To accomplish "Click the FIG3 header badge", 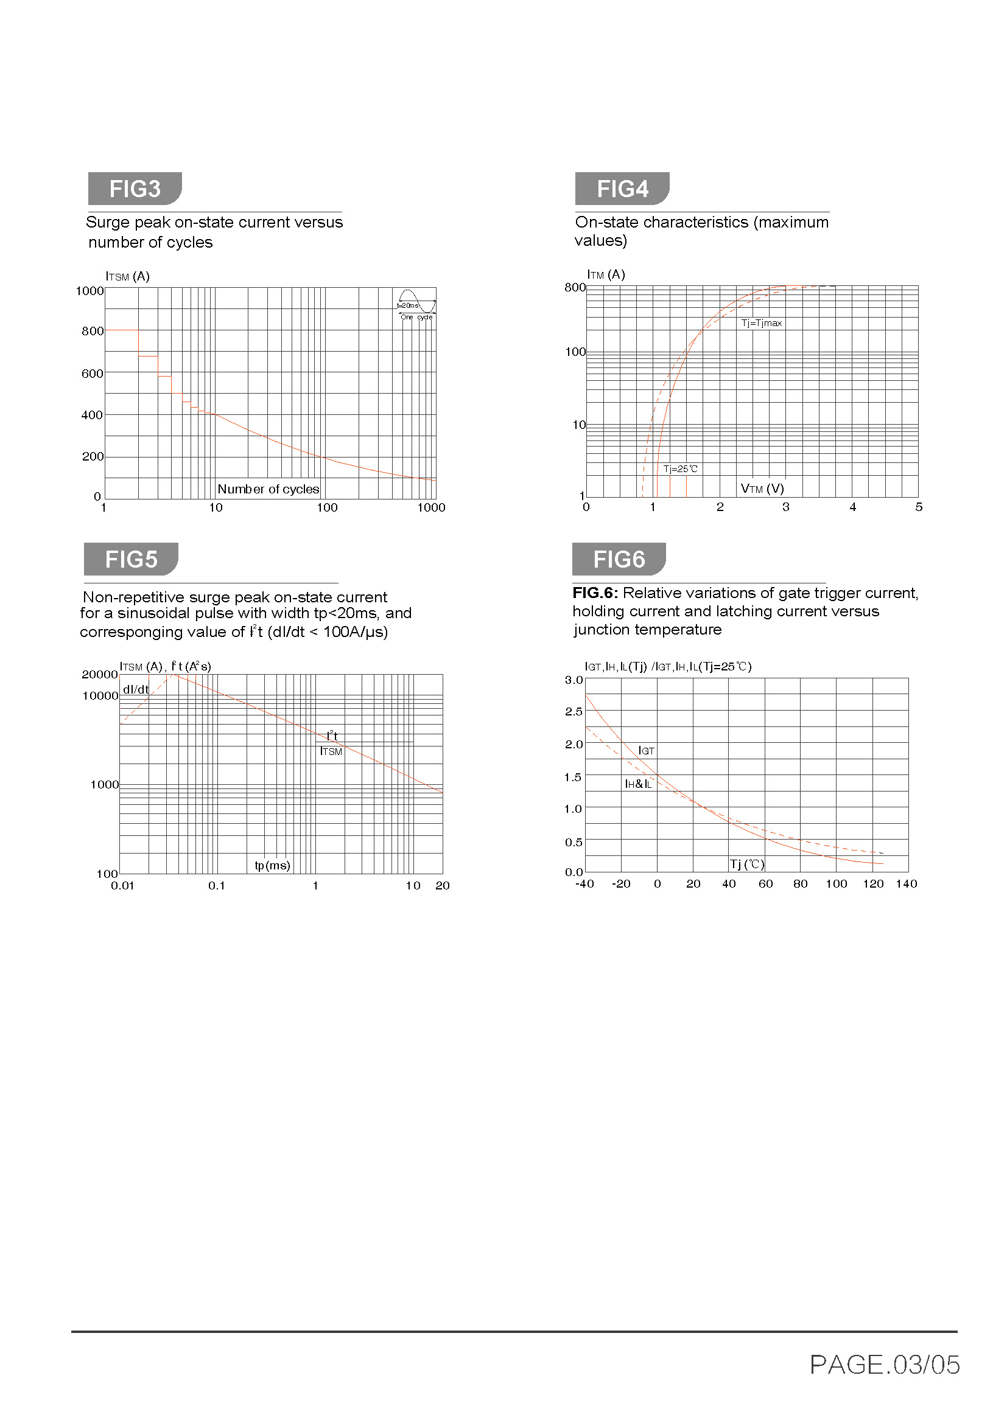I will (135, 189).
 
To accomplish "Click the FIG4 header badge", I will (622, 189).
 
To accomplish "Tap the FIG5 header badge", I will (131, 559).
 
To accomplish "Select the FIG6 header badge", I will (619, 559).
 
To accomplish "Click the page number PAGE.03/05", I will (884, 1364).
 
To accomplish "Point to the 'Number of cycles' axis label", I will (268, 489).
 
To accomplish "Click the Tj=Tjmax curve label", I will (762, 323).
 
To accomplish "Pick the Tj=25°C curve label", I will (680, 468).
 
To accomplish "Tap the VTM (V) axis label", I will (762, 489).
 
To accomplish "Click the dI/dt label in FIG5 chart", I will (136, 689).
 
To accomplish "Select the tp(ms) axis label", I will (272, 865).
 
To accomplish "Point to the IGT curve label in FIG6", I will (646, 751).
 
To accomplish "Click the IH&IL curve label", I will (638, 784).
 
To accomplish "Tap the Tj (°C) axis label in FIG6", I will (746, 864).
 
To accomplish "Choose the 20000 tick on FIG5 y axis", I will (99, 674).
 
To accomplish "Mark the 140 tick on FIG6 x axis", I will (906, 884).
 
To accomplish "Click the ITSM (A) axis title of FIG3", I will (127, 276).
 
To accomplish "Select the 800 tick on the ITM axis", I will (574, 287).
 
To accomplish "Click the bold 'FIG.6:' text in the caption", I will (595, 593).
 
